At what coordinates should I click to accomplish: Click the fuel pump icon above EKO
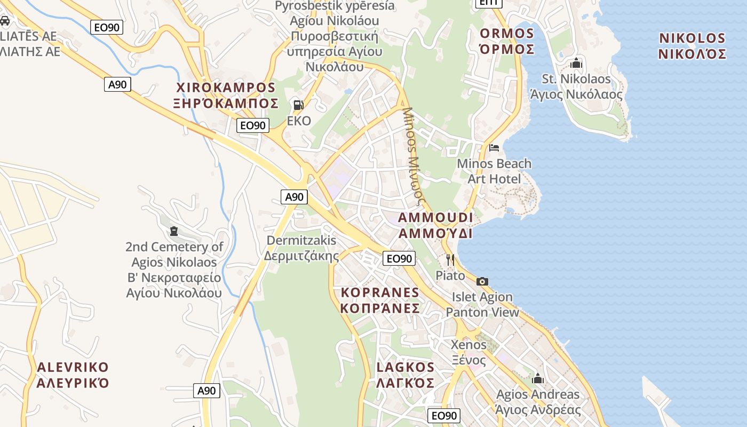[299, 105]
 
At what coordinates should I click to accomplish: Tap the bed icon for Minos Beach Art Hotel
[495, 147]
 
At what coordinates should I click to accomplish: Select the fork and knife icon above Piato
[450, 260]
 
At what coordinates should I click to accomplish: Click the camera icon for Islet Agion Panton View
[482, 281]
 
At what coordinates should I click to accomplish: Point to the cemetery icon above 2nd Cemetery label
[174, 231]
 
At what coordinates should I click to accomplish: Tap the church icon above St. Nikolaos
[576, 64]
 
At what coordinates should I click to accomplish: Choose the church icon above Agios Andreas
[538, 378]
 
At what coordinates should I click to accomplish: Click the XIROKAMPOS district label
[226, 88]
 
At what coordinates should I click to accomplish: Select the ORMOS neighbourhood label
[507, 34]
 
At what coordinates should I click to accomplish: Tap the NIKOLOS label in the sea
[692, 38]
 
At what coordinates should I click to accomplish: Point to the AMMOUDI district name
[435, 218]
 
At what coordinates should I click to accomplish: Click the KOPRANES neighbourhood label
[380, 292]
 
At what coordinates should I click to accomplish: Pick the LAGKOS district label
[406, 367]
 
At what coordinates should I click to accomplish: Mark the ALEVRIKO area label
[73, 368]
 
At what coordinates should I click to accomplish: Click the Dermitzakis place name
[301, 240]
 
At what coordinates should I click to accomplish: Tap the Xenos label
[468, 344]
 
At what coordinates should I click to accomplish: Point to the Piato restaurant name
[450, 275]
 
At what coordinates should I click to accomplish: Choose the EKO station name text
[299, 121]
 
